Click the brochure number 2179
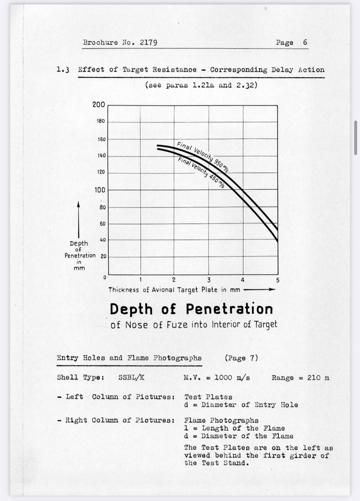click(148, 42)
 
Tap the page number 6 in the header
click(305, 42)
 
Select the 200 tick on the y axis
click(99, 105)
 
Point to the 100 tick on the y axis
click(100, 190)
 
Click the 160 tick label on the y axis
click(101, 139)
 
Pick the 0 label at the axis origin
click(104, 278)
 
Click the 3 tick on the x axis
click(209, 280)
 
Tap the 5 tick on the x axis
click(277, 280)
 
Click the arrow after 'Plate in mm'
click(259, 290)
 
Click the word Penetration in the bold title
click(229, 309)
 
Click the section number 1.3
click(63, 70)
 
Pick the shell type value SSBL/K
click(131, 377)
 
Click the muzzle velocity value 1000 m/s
click(232, 377)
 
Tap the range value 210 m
click(318, 378)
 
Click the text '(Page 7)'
click(241, 358)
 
